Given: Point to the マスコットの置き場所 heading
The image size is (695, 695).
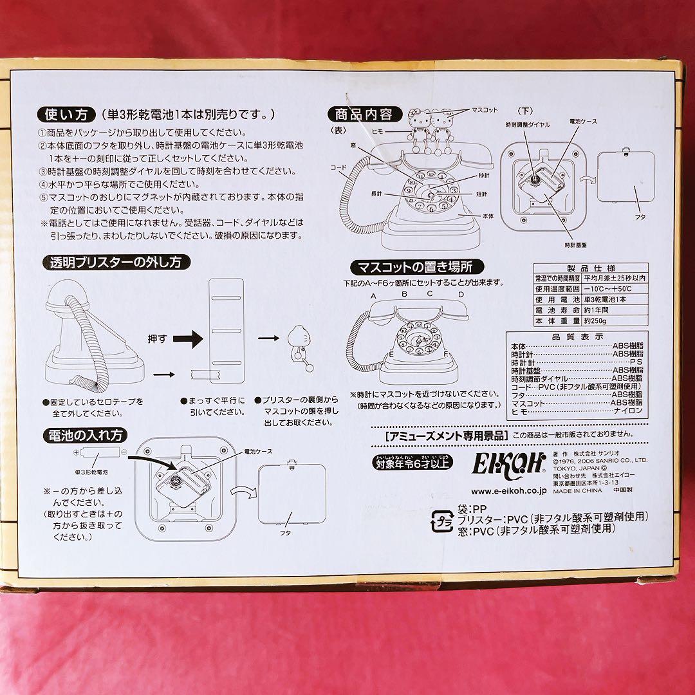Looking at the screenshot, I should coord(416,266).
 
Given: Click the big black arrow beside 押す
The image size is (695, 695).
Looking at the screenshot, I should coord(189,337).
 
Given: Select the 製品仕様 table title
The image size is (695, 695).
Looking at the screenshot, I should coord(590,268).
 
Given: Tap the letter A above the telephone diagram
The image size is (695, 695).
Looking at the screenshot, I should coord(373,295).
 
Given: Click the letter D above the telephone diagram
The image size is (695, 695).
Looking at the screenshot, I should coord(461,295).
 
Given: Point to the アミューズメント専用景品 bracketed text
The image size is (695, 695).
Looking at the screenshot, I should coord(444,436).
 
